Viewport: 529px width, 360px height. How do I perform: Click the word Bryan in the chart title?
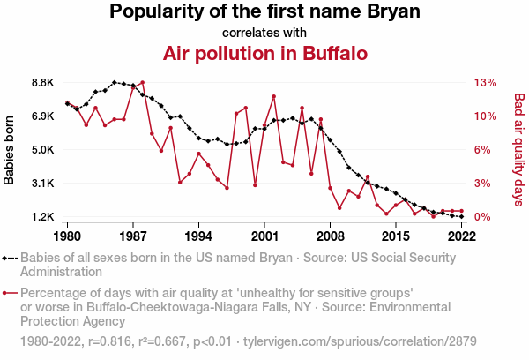click(389, 12)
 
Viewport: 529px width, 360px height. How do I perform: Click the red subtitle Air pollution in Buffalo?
click(264, 54)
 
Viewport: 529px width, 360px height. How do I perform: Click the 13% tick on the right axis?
click(486, 83)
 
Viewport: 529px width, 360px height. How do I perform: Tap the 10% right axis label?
click(486, 116)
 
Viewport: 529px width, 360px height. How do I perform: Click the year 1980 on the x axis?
click(68, 236)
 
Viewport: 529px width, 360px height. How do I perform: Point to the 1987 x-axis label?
click(133, 236)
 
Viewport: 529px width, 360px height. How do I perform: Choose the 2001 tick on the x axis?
click(264, 236)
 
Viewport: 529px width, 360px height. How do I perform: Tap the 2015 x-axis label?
click(396, 236)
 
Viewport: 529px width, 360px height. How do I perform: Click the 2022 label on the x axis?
click(462, 236)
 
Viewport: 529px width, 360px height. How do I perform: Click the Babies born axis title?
click(10, 150)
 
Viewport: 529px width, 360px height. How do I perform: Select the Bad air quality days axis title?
click(519, 149)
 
